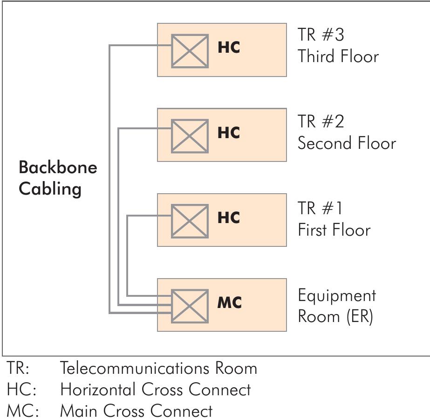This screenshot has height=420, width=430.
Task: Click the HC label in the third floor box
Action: click(x=228, y=48)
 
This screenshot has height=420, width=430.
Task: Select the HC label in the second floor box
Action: click(x=228, y=133)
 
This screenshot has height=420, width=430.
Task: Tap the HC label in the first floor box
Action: click(x=228, y=218)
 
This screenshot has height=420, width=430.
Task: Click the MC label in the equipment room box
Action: click(x=229, y=303)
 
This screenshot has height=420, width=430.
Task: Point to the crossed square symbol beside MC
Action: click(x=190, y=306)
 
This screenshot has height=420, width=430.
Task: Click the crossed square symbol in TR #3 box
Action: click(x=190, y=51)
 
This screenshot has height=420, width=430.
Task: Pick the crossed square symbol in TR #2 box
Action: click(x=190, y=136)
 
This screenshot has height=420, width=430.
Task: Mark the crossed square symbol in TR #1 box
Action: click(x=190, y=221)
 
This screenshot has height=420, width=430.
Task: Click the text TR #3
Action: click(x=321, y=35)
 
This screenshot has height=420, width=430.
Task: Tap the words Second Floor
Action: click(x=347, y=143)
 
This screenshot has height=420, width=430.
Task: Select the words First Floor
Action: click(x=334, y=230)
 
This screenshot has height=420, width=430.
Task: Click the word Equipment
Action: click(x=337, y=296)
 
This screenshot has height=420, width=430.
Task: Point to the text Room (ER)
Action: click(x=335, y=316)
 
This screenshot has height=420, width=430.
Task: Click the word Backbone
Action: click(x=58, y=168)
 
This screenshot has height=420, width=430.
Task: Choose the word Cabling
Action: click(x=50, y=189)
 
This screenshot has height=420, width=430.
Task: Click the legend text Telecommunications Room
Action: click(x=158, y=369)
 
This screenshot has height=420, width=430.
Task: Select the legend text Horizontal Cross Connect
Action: click(x=155, y=390)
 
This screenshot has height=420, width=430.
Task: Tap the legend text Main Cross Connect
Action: click(x=136, y=411)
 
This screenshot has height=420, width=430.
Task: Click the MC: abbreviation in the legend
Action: click(x=22, y=411)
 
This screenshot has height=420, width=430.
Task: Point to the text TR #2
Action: click(x=321, y=121)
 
